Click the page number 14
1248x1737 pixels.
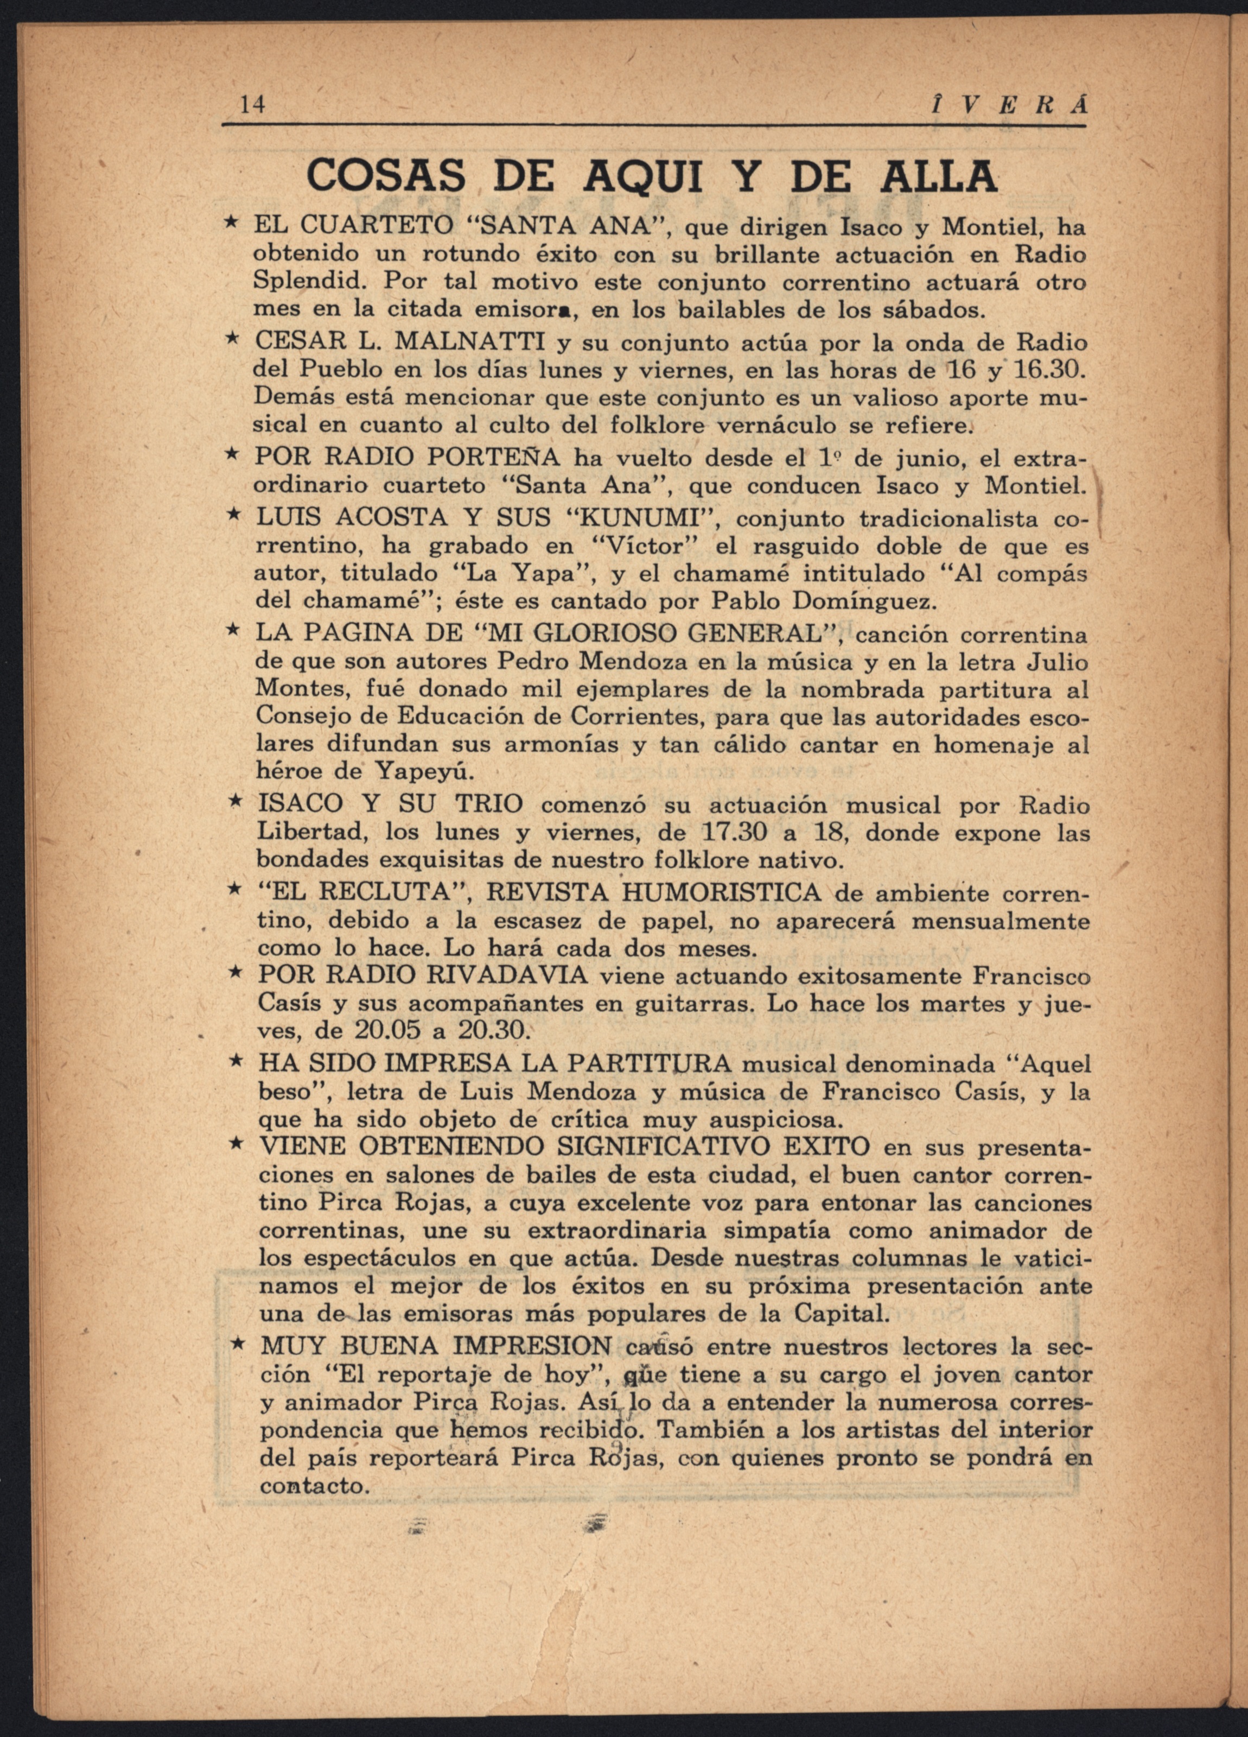click(x=253, y=104)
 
